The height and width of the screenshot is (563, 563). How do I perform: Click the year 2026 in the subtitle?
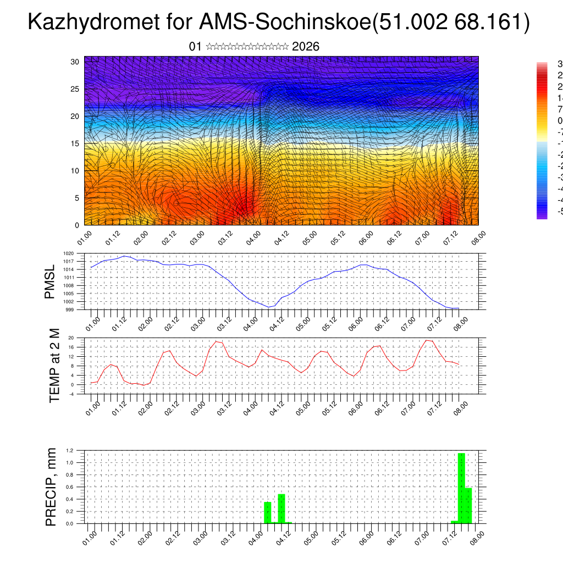point(306,47)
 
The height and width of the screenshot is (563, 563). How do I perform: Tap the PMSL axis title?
point(50,281)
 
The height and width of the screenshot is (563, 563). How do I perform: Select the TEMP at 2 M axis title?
point(54,366)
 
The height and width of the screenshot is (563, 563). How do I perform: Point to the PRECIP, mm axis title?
point(51,487)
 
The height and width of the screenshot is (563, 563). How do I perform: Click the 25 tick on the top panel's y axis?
point(75,89)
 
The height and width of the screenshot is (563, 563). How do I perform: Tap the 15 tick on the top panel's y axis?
point(75,143)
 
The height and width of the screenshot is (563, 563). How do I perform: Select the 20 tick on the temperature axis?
point(71,338)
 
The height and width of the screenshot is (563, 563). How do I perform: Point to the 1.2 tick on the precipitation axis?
point(70,450)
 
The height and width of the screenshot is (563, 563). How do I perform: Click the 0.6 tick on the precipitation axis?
point(70,487)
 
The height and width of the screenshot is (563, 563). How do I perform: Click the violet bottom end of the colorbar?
point(542,216)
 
